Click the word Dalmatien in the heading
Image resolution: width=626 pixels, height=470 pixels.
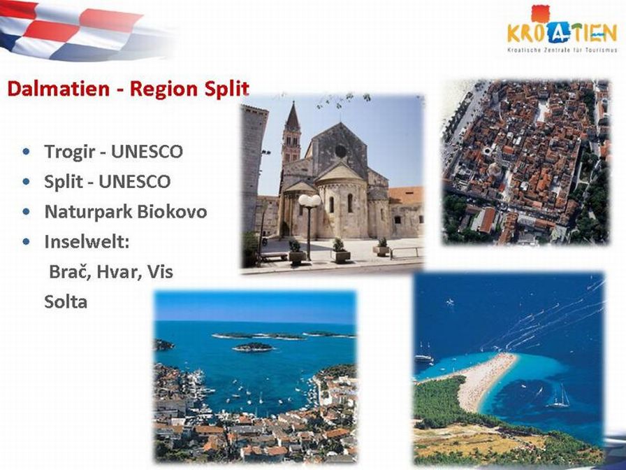click(x=58, y=89)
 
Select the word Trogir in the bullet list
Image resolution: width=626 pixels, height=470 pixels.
click(x=70, y=152)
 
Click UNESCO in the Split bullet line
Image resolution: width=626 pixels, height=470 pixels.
click(x=135, y=182)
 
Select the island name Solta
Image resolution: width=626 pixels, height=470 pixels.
click(x=66, y=302)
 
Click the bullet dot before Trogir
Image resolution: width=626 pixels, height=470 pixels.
click(x=27, y=152)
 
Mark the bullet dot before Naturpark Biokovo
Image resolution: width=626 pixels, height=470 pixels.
click(x=27, y=212)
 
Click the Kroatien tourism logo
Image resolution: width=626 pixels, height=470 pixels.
click(x=562, y=29)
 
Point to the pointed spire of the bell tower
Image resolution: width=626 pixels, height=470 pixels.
click(x=293, y=117)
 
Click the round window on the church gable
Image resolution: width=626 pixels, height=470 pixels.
click(x=340, y=151)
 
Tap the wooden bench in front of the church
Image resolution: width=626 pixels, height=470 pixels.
click(x=274, y=256)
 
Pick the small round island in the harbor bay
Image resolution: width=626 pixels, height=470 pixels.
click(x=253, y=348)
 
